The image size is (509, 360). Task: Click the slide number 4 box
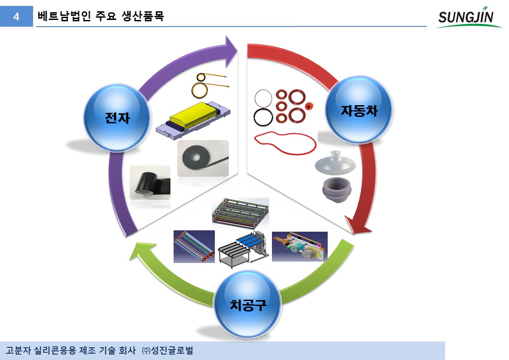tap(16, 16)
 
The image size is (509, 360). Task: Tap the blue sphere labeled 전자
tap(117, 117)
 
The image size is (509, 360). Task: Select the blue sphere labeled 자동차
tap(359, 110)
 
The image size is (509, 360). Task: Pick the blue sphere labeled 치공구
tap(247, 305)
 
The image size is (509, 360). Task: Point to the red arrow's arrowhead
tap(357, 226)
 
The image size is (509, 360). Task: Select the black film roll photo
tap(150, 183)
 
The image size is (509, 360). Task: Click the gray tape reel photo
tap(203, 158)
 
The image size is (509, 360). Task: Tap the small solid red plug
tap(310, 106)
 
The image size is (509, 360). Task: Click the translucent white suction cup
tap(335, 163)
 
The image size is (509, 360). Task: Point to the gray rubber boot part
tap(337, 190)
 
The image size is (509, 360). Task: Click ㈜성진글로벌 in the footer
tap(168, 350)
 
